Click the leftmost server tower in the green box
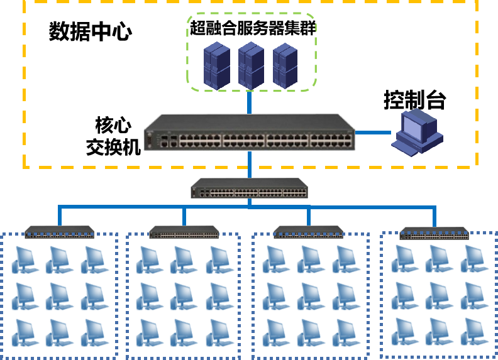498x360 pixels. click(x=217, y=65)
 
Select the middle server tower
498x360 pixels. click(x=252, y=65)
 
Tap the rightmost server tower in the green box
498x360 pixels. click(x=285, y=65)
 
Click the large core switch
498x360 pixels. click(x=249, y=133)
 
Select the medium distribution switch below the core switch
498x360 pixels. click(x=250, y=188)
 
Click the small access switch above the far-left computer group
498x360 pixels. click(x=59, y=232)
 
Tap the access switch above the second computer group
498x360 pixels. click(x=184, y=232)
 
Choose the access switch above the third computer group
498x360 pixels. click(x=308, y=232)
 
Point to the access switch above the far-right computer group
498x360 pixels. click(x=434, y=234)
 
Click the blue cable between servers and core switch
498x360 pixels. click(x=250, y=102)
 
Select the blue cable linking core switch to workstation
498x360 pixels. click(x=373, y=133)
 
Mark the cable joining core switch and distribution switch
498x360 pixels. click(x=250, y=165)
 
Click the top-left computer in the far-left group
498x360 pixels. click(x=25, y=259)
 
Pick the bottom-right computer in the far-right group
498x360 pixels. click(x=474, y=331)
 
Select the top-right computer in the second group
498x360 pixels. click(x=219, y=259)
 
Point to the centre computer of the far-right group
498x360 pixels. click(x=440, y=295)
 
